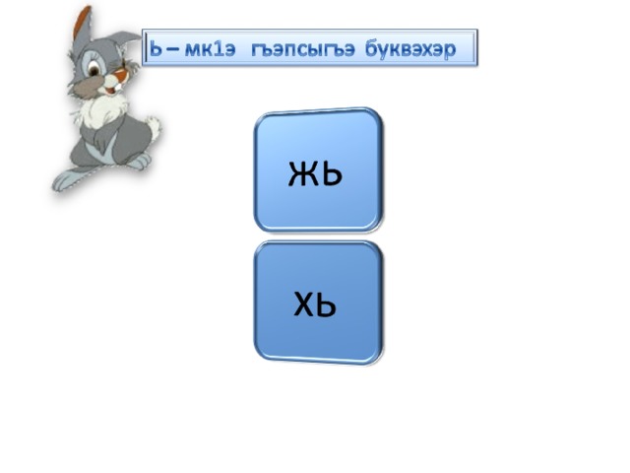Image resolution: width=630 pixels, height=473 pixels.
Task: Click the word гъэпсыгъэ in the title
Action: (303, 49)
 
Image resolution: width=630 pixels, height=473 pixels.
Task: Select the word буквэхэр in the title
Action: (410, 50)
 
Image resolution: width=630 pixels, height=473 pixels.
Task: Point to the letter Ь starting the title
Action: (156, 49)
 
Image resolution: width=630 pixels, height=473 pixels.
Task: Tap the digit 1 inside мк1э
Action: (219, 49)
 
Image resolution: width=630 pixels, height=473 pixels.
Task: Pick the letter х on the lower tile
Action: (304, 304)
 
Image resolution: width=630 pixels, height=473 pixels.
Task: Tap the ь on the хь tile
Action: (326, 304)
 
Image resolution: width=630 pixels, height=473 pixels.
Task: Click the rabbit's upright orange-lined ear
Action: (83, 24)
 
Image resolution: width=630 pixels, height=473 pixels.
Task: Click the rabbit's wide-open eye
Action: (94, 68)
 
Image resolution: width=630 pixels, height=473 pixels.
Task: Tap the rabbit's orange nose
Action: (120, 75)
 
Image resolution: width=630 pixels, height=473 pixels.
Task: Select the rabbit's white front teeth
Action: (116, 86)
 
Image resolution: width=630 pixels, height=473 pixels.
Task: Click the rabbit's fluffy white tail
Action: (154, 125)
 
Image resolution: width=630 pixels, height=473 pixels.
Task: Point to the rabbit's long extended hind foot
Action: (69, 178)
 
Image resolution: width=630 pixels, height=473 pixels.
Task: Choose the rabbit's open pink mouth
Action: (109, 91)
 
